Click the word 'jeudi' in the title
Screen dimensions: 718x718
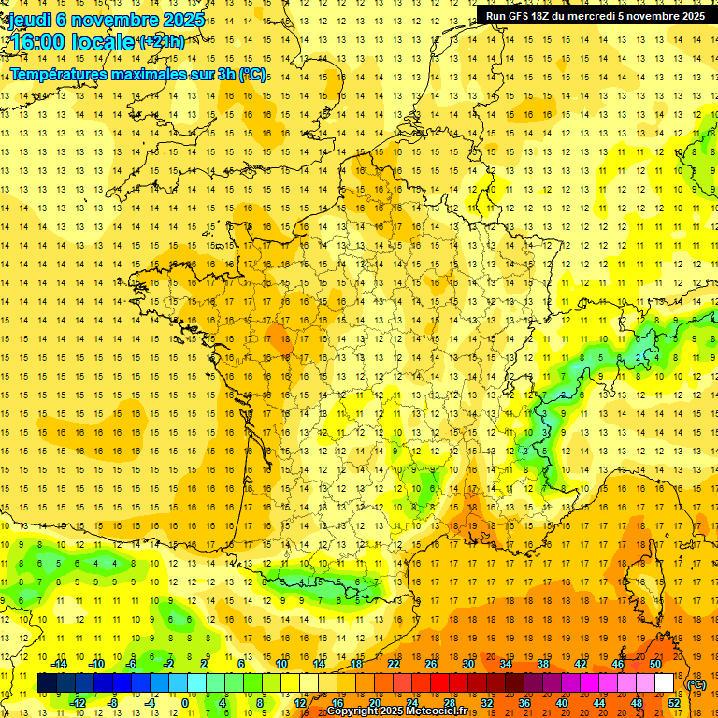tap(28, 20)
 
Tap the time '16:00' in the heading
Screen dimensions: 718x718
tap(36, 42)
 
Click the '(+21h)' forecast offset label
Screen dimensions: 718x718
tap(162, 41)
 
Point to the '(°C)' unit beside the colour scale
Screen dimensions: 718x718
tap(696, 683)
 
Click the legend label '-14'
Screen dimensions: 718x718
tap(59, 663)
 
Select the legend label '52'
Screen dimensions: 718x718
tap(673, 703)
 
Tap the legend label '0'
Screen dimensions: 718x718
tap(185, 703)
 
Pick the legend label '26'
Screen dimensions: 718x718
tap(431, 663)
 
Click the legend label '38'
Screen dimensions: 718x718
tap(543, 663)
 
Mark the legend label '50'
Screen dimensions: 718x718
tap(655, 663)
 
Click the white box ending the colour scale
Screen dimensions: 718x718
tap(664, 683)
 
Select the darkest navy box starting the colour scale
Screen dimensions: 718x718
tap(47, 683)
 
